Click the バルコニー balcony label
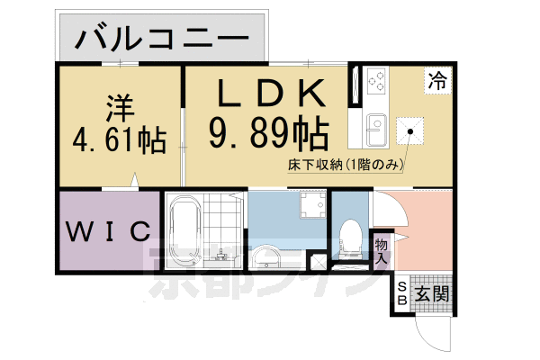162,38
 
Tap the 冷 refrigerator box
437,79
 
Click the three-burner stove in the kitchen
375,84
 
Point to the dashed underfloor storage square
411,132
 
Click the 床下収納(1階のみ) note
344,165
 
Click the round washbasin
268,259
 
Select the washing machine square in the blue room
312,208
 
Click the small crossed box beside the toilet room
317,261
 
